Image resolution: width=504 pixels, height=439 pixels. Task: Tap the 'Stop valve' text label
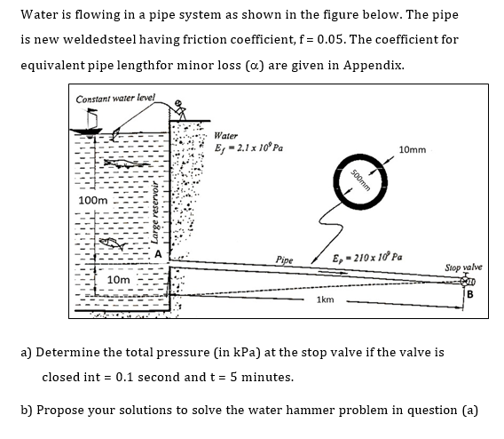[x=461, y=267]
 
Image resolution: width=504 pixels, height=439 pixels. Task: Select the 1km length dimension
[x=325, y=300]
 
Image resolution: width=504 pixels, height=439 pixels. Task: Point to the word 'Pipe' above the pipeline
[x=284, y=260]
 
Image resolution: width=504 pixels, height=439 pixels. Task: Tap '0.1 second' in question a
[x=130, y=377]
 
